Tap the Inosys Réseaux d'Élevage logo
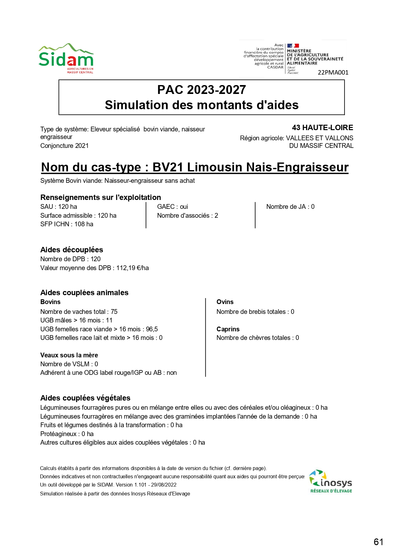tap(331, 481)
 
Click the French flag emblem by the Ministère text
tap(293, 46)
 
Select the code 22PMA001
tap(333, 72)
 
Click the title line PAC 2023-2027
tap(202, 90)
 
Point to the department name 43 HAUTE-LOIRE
tap(322, 128)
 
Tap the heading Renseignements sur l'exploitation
tap(101, 197)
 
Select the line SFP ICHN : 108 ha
tap(67, 224)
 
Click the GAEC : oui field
tap(172, 207)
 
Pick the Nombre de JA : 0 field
tap(290, 207)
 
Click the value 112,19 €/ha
tap(132, 268)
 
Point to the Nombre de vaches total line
tap(79, 312)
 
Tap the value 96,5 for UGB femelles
tap(152, 329)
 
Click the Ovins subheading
tap(225, 302)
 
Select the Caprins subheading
tap(228, 329)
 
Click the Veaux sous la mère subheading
tap(69, 355)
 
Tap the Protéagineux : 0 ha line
tap(67, 434)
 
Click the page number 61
tap(378, 542)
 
